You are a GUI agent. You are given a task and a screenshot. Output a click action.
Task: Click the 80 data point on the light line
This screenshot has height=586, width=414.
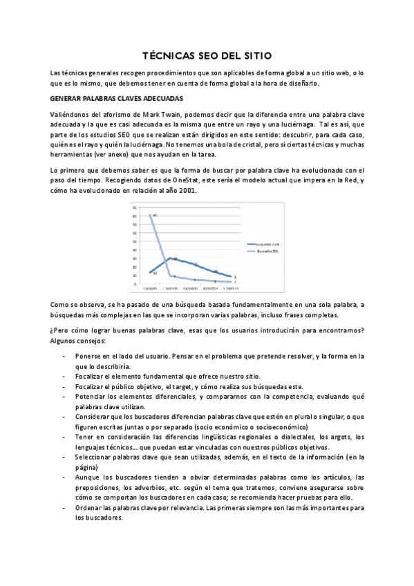pyautogui.click(x=151, y=216)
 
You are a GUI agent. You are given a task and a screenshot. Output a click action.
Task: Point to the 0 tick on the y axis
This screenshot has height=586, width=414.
pyautogui.click(x=134, y=283)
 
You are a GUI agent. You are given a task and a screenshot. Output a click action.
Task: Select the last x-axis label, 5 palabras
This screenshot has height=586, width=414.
pyautogui.click(x=232, y=288)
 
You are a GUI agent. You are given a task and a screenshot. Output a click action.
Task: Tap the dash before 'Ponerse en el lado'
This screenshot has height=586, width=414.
pyautogui.click(x=64, y=356)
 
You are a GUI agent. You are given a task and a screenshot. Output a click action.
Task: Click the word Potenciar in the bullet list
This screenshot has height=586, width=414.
pyautogui.click(x=90, y=397)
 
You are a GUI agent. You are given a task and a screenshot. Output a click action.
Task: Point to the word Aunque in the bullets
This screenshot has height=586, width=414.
pyautogui.click(x=86, y=478)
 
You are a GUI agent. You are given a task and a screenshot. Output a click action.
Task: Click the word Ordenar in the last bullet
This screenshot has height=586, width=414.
pyautogui.click(x=88, y=508)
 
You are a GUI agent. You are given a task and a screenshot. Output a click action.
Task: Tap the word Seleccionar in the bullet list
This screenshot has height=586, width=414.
pyautogui.click(x=95, y=457)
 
